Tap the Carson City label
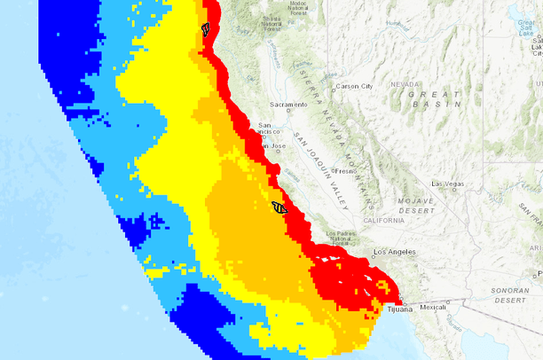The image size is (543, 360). pos(353,86)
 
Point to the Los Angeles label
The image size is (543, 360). pos(395,252)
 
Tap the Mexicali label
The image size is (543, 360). pos(433,308)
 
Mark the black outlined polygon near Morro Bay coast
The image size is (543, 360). pos(279,207)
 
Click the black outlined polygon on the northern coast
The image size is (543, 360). pos(206,28)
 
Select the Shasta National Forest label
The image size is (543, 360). pos(286,24)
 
